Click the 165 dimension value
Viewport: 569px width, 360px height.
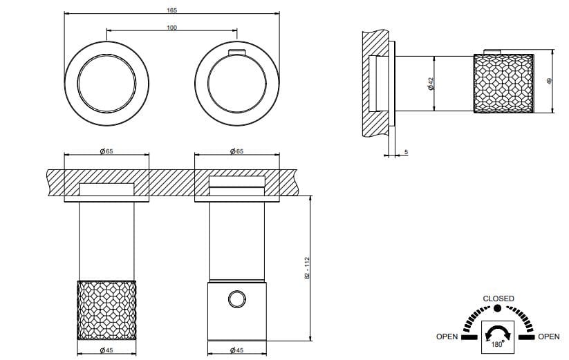(x=171, y=10)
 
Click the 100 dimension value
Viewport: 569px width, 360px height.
(x=171, y=27)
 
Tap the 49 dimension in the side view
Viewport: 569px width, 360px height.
(x=550, y=81)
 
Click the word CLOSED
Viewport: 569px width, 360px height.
(x=498, y=299)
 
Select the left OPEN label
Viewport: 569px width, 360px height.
(x=447, y=337)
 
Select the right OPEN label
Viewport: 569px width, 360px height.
(x=548, y=337)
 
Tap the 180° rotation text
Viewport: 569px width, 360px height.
(x=497, y=343)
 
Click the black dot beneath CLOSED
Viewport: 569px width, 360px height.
(x=498, y=307)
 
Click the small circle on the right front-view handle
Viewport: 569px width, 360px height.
(x=236, y=299)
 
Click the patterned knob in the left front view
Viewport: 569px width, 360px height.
(x=106, y=310)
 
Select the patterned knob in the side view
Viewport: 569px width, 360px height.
(x=503, y=84)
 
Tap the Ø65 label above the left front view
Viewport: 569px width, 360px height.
(x=106, y=151)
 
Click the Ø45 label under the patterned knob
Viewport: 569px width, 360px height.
(x=106, y=351)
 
